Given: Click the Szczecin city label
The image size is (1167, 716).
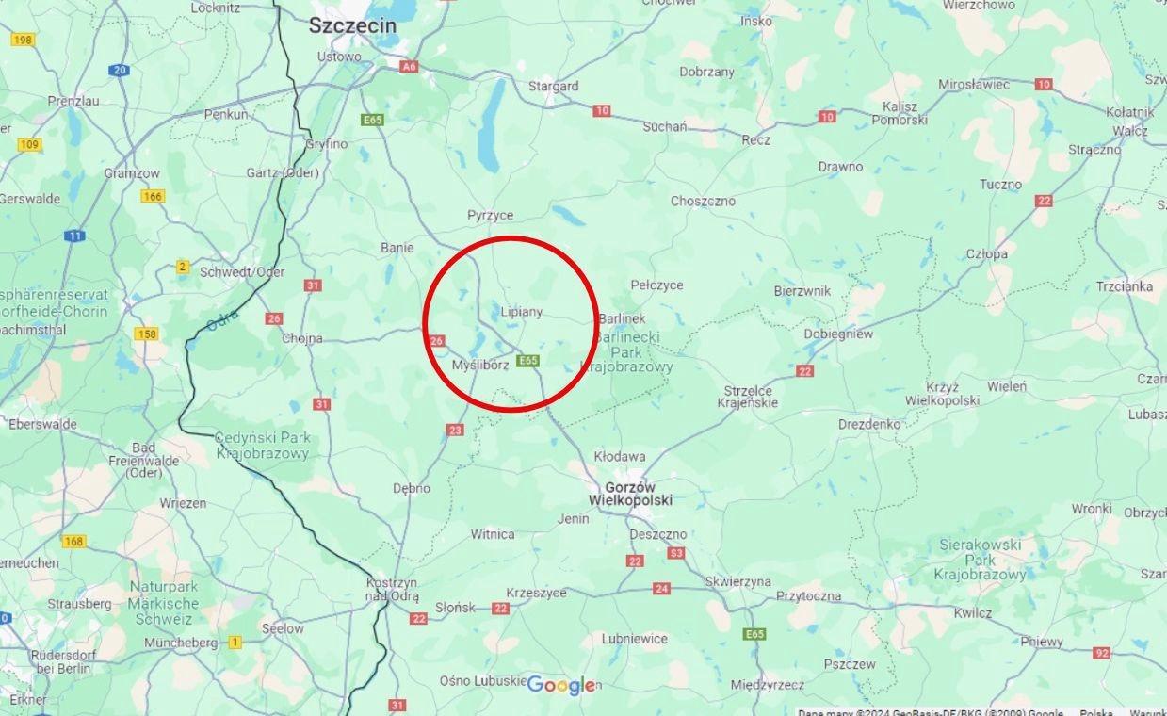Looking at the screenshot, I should pyautogui.click(x=353, y=26).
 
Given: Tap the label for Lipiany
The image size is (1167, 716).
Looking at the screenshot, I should pyautogui.click(x=522, y=312).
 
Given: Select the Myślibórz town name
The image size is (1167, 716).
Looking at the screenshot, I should pyautogui.click(x=480, y=365).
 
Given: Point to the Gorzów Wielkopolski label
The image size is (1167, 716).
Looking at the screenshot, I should pyautogui.click(x=630, y=494).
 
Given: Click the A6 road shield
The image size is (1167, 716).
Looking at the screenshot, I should pyautogui.click(x=409, y=67).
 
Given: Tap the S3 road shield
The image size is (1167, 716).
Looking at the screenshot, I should pyautogui.click(x=676, y=553).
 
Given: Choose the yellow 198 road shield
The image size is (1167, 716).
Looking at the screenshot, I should pyautogui.click(x=23, y=40).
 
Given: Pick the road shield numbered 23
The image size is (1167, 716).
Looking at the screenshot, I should pyautogui.click(x=456, y=431).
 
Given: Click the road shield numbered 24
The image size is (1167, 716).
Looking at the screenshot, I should pyautogui.click(x=662, y=589).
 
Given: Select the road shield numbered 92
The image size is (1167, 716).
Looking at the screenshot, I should pyautogui.click(x=1102, y=653).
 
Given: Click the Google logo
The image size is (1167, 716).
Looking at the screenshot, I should pyautogui.click(x=560, y=686).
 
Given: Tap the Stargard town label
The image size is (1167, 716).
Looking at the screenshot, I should pyautogui.click(x=553, y=87).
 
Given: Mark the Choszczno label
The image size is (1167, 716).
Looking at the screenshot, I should pyautogui.click(x=703, y=201).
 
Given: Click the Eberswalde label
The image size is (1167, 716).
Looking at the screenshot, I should pyautogui.click(x=42, y=424).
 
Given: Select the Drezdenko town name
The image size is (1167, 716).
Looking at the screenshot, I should pyautogui.click(x=869, y=425).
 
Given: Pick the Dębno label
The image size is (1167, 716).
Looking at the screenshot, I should pyautogui.click(x=412, y=488).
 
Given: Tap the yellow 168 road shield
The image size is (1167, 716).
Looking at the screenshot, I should pyautogui.click(x=74, y=542).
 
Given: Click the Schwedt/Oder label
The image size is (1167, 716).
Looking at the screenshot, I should pyautogui.click(x=242, y=272).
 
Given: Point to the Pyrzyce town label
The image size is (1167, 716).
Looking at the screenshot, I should pyautogui.click(x=491, y=216).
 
